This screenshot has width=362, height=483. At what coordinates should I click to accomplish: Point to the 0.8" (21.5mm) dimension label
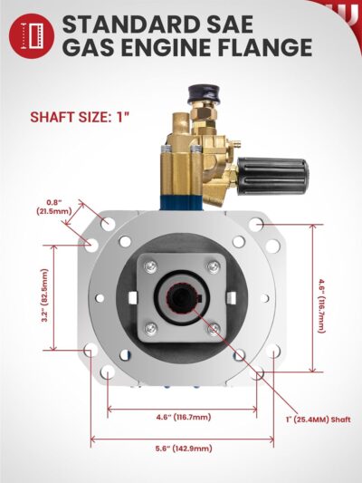click(57, 206)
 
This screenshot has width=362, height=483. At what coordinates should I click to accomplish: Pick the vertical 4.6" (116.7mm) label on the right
click(321, 305)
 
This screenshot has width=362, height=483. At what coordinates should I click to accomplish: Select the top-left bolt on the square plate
click(151, 266)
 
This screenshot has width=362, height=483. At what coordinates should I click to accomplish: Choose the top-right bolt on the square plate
click(213, 266)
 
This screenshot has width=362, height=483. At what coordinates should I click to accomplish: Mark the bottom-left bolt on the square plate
click(151, 328)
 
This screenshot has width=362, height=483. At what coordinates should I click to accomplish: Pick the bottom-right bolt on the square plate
click(213, 329)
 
